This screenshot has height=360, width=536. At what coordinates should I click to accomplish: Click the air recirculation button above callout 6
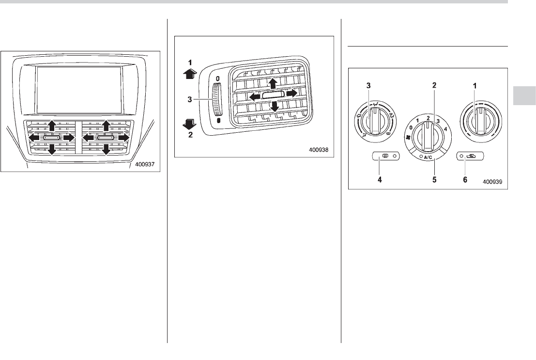coord(472,156)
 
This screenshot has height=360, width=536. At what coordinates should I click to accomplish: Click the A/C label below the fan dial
coord(428,157)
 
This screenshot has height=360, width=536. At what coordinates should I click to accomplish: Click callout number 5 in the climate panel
coord(435,179)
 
